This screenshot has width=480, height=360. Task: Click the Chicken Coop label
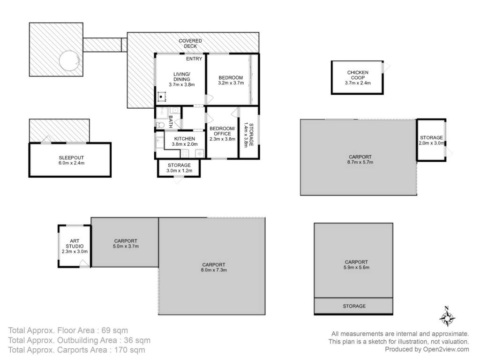[358, 75]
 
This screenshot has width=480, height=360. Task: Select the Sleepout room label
[71, 158]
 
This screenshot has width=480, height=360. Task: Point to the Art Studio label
[75, 244]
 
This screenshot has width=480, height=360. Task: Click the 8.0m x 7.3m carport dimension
[214, 270]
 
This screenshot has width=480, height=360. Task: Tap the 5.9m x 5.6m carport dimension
[356, 267]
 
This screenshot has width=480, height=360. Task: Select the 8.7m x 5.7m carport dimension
[360, 162]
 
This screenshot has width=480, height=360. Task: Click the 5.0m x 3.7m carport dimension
[126, 246]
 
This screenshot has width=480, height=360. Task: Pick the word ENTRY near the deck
[194, 59]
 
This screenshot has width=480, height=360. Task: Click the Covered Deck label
[190, 44]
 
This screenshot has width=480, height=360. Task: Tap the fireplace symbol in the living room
[161, 97]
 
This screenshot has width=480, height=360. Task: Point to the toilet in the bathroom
[160, 125]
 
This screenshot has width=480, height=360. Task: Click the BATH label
[171, 121]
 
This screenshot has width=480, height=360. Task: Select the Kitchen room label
[185, 139]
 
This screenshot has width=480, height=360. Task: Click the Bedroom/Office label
[222, 131]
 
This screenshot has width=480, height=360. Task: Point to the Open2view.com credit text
[446, 349]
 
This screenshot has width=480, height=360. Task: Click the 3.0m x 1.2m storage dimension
[179, 171]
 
